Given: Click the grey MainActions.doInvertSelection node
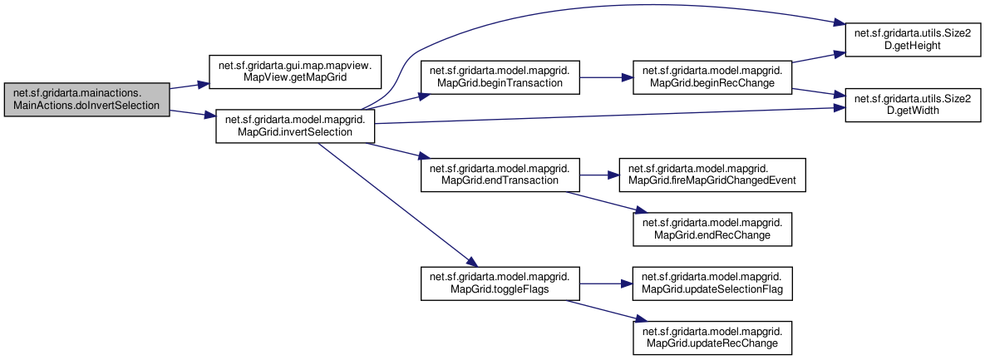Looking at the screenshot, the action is (x=86, y=99).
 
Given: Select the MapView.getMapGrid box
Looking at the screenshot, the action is (x=295, y=72).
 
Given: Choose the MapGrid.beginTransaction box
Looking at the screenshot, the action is (x=500, y=78).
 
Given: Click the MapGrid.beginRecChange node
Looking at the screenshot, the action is (x=712, y=78).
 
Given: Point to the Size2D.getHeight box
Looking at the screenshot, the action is (x=913, y=40).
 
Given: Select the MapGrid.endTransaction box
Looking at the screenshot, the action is (x=500, y=175).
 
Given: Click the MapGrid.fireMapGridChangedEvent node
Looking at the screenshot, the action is (x=712, y=175).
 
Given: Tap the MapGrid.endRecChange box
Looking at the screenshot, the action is (x=712, y=229).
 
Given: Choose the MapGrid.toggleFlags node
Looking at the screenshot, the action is (x=500, y=284).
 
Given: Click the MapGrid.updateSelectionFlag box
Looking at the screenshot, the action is (x=712, y=284).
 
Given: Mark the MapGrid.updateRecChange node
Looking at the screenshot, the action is (x=712, y=338).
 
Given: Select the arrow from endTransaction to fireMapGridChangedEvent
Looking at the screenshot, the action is (x=598, y=175).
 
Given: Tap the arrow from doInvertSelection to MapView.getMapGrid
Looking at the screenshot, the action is (x=189, y=86).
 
